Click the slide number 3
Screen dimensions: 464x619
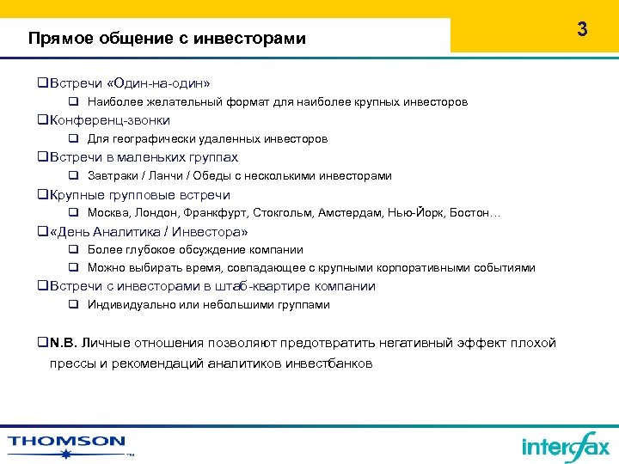pyautogui.click(x=582, y=29)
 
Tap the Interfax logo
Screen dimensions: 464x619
pyautogui.click(x=565, y=446)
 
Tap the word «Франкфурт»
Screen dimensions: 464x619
pyautogui.click(x=204, y=212)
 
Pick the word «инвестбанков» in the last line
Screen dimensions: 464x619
pyautogui.click(x=334, y=363)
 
